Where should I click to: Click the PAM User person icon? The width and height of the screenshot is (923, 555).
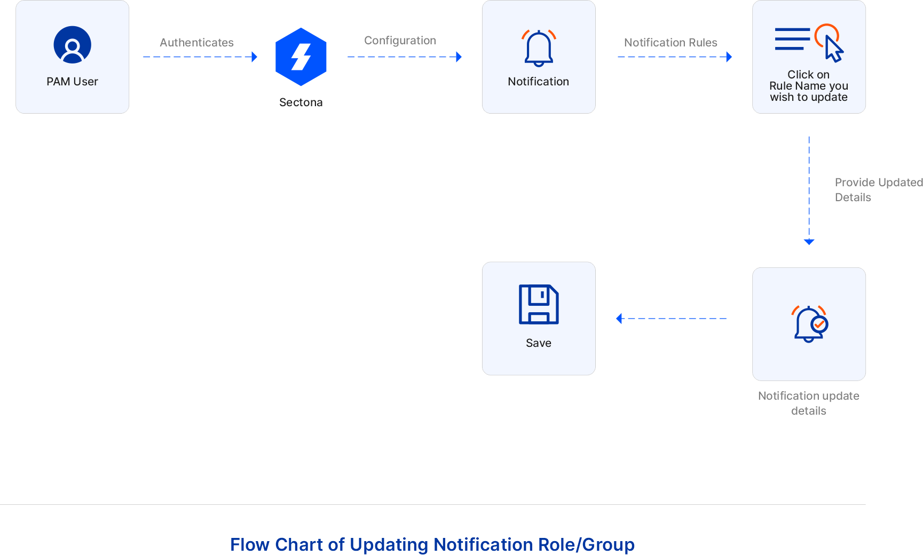pyautogui.click(x=73, y=45)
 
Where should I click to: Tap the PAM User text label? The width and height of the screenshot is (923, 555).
pyautogui.click(x=72, y=82)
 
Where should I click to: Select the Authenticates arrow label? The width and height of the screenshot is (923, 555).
pyautogui.click(x=196, y=43)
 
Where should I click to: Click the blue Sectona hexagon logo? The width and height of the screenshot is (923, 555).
pyautogui.click(x=301, y=57)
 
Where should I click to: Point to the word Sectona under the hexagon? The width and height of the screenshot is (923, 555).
pyautogui.click(x=301, y=102)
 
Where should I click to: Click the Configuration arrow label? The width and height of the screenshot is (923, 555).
pyautogui.click(x=400, y=41)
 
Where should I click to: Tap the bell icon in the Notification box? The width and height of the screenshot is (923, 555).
pyautogui.click(x=539, y=49)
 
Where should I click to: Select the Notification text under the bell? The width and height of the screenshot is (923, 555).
pyautogui.click(x=538, y=82)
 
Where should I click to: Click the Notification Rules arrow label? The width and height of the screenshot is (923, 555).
pyautogui.click(x=670, y=43)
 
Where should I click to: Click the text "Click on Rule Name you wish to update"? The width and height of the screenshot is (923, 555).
pyautogui.click(x=809, y=86)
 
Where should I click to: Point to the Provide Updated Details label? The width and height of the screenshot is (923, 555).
pyautogui.click(x=878, y=189)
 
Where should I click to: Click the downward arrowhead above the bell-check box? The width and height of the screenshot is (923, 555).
pyautogui.click(x=809, y=242)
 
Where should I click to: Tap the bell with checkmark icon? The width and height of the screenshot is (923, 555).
pyautogui.click(x=809, y=323)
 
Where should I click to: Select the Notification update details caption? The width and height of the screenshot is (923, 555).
pyautogui.click(x=809, y=403)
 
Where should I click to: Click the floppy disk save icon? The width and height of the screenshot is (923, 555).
pyautogui.click(x=539, y=304)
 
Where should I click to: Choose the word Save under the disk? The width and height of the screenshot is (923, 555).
pyautogui.click(x=538, y=343)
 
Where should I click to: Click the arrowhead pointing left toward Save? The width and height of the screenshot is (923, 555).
pyautogui.click(x=619, y=319)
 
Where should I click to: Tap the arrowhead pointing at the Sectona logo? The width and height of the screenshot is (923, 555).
pyautogui.click(x=255, y=57)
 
